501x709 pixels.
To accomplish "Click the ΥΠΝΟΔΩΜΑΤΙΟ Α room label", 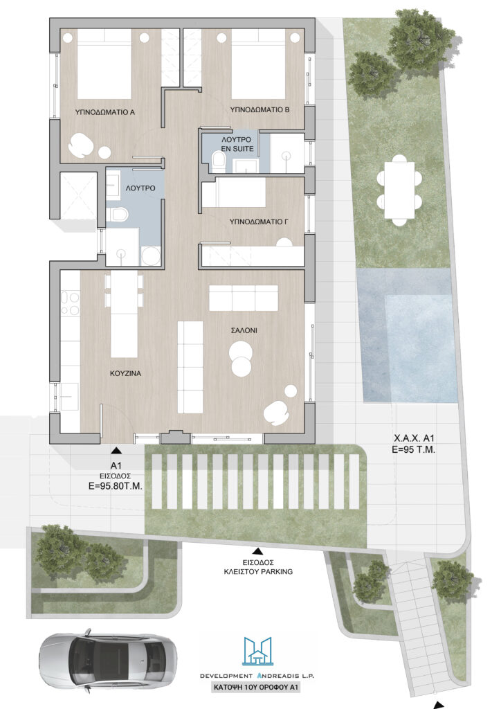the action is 104,112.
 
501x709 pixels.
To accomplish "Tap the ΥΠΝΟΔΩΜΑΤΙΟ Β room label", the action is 259,110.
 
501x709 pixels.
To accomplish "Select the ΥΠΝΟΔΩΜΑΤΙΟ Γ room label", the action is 259,222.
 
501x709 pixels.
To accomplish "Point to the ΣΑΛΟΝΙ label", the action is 244,330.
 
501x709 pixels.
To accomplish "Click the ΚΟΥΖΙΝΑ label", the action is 125,373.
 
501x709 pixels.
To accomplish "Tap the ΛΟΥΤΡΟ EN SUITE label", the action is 237,144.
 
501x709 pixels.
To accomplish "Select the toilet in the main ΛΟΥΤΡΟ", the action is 118,214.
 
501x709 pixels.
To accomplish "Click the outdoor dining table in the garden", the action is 399,190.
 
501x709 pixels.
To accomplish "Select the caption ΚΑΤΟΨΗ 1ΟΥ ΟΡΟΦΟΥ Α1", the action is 256,688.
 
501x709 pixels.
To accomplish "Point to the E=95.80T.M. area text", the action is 115,487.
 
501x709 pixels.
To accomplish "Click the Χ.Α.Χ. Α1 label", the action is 414,438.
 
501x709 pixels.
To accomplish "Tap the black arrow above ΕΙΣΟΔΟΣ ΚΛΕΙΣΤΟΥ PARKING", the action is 257,551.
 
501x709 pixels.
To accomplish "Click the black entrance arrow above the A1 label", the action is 116,450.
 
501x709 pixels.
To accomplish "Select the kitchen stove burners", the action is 70,304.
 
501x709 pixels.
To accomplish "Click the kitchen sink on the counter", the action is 69,397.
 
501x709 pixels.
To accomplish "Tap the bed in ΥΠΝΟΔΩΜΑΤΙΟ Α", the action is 104,64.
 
